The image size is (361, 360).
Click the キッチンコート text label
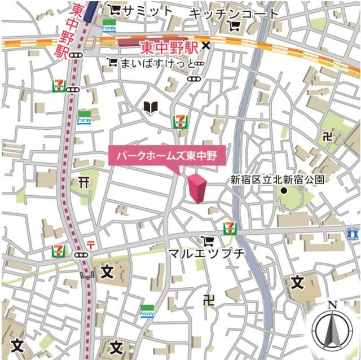click(x=234, y=12)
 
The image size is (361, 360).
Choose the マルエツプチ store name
click(x=208, y=253)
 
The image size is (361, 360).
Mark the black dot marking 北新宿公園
click(x=284, y=191)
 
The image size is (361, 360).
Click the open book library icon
click(x=149, y=107)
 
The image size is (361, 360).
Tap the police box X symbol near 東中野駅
click(x=206, y=46)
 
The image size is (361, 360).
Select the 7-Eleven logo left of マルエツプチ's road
click(x=58, y=250)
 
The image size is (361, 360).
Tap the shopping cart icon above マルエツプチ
click(x=210, y=240)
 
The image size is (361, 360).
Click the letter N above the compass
click(x=332, y=305)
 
